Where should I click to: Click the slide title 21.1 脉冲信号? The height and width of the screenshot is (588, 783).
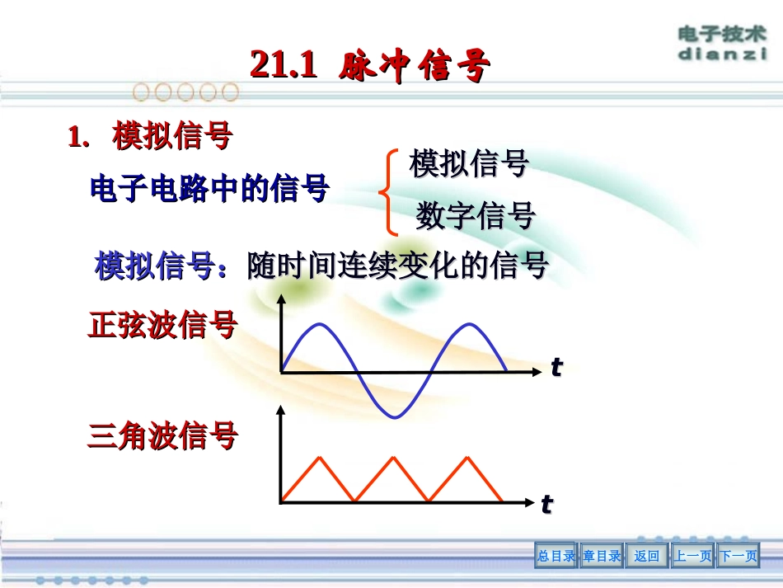point(370,65)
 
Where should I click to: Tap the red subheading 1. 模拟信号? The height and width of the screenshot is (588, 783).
point(149,137)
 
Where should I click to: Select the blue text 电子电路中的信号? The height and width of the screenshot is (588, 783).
point(209,189)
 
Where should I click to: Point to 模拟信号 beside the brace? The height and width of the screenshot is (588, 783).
point(468,163)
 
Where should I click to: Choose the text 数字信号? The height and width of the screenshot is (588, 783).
point(475,216)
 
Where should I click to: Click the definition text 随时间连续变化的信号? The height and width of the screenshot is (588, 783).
point(397,266)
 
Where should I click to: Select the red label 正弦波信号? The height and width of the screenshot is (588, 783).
point(162,326)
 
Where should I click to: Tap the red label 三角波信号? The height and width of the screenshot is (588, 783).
point(162,435)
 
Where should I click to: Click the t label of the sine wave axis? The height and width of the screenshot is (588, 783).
point(556,368)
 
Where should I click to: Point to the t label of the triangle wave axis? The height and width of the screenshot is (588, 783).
point(546,504)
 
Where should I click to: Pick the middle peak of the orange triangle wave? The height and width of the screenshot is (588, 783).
point(391,456)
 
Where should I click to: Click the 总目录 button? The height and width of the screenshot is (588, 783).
point(556,556)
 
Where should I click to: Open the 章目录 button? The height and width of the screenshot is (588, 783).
point(602,556)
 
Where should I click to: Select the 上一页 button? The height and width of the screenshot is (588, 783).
point(692,556)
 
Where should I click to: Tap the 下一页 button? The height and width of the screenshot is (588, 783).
point(738,556)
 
